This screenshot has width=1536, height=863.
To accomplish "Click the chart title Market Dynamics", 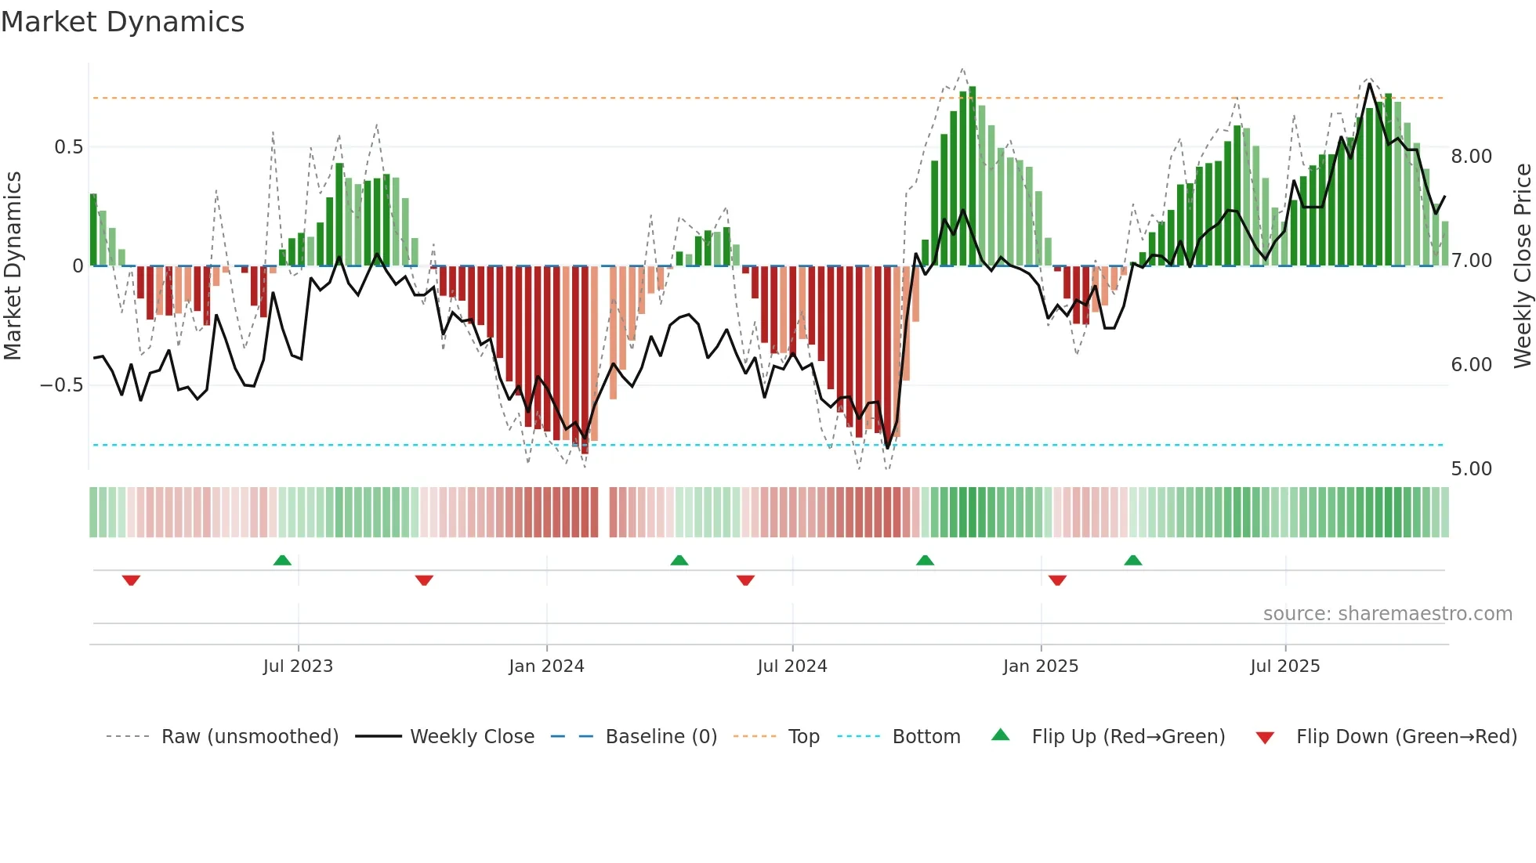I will coord(122,22).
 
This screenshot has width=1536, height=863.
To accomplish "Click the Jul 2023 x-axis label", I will coord(298,666).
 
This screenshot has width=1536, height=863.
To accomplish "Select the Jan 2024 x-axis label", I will coord(546,666).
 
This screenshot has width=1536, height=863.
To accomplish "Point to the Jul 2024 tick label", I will coord(792,666).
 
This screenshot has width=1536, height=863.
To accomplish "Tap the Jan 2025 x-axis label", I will coord(1041,666).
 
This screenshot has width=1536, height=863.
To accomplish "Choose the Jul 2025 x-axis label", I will coord(1285,666).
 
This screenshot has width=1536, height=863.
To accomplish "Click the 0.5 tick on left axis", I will coord(68,147).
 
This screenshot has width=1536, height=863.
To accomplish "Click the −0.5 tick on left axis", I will coord(61,385).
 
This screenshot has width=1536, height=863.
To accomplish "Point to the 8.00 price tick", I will coord(1471,157).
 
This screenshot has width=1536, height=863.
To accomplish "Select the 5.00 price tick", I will coord(1471,469).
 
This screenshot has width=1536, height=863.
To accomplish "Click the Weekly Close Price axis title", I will coord(1522,266).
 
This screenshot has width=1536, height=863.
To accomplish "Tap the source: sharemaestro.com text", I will coord(1387,614).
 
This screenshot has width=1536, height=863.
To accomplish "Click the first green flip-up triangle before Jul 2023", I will coord(282,560).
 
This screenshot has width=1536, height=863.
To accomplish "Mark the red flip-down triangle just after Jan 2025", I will coord(1057,580).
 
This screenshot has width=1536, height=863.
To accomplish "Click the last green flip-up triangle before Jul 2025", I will coord(1132,560).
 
